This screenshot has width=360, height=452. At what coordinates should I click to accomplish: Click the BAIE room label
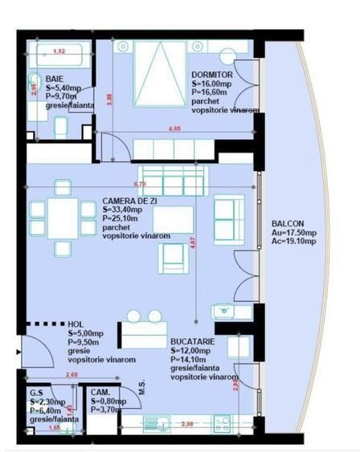coord(55,79)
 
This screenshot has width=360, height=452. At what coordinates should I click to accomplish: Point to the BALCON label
coord(288,225)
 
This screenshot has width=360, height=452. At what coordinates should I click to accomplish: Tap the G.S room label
coord(36,393)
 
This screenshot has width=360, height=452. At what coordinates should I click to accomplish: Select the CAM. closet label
coord(100,393)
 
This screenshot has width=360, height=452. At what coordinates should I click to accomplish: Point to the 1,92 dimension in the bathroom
coord(58,51)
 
